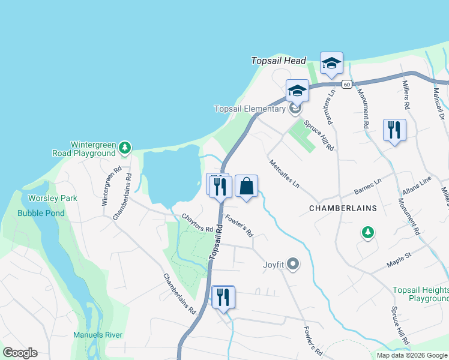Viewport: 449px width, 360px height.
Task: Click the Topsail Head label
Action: tap(279, 61)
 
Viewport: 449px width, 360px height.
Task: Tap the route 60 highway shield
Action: tap(347, 84)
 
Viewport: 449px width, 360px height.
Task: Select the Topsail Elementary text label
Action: tap(250, 109)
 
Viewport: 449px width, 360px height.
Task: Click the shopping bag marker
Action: tap(246, 186)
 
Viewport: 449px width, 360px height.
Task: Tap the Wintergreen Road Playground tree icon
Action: tap(124, 147)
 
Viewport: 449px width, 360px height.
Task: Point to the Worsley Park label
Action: tap(45, 198)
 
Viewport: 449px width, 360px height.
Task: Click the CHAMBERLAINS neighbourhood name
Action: tap(343, 208)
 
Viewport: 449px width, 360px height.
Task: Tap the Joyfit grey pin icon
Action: tap(293, 263)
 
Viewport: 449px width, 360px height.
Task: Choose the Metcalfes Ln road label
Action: tap(284, 174)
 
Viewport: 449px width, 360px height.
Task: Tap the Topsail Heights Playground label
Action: tap(421, 294)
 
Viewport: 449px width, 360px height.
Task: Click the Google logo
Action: tap(19, 353)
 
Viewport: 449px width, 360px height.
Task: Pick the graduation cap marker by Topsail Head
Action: tap(331, 63)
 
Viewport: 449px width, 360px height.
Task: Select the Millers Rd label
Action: tap(406, 94)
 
